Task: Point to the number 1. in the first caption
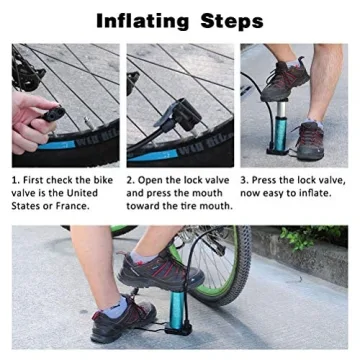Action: (x=17, y=180)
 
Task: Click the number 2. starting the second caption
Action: (x=132, y=180)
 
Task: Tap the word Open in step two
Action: (x=156, y=180)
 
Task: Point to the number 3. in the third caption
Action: (x=246, y=180)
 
